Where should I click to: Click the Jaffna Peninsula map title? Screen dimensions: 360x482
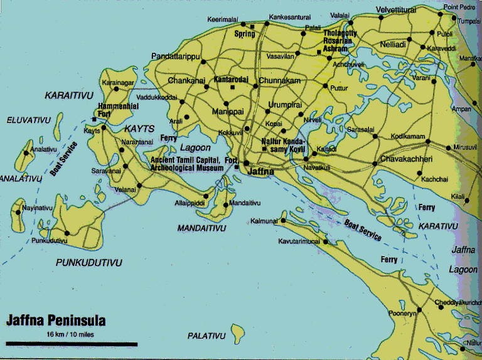click(56, 321)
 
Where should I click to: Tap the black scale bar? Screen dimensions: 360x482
click(72, 344)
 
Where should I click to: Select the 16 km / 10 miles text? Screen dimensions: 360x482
click(70, 334)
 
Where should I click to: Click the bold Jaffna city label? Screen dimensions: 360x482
click(258, 171)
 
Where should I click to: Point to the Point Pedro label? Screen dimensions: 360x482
click(459, 7)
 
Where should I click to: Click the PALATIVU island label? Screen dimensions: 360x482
click(206, 336)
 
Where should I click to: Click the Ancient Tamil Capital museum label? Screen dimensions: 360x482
click(186, 164)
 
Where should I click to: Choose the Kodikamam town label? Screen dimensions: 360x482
click(407, 136)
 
